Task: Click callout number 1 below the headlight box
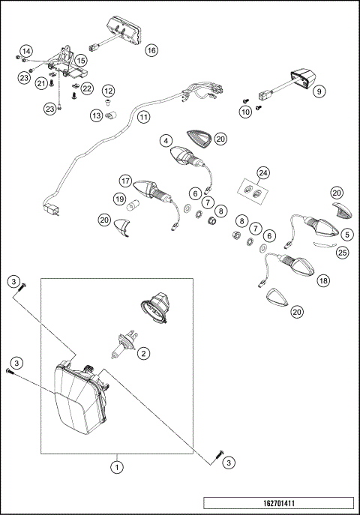coord(117,467)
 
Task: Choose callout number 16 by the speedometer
coord(151,50)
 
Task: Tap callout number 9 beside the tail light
coord(319,91)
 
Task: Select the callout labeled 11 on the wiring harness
coord(143,117)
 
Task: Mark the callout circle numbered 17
coord(125,181)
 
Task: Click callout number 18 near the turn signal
coord(323,280)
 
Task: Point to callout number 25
coord(342,252)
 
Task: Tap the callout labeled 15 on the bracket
coord(81,60)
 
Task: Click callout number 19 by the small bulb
coord(118,199)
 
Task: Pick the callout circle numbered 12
coord(108,91)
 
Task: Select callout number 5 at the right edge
coord(346,235)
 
